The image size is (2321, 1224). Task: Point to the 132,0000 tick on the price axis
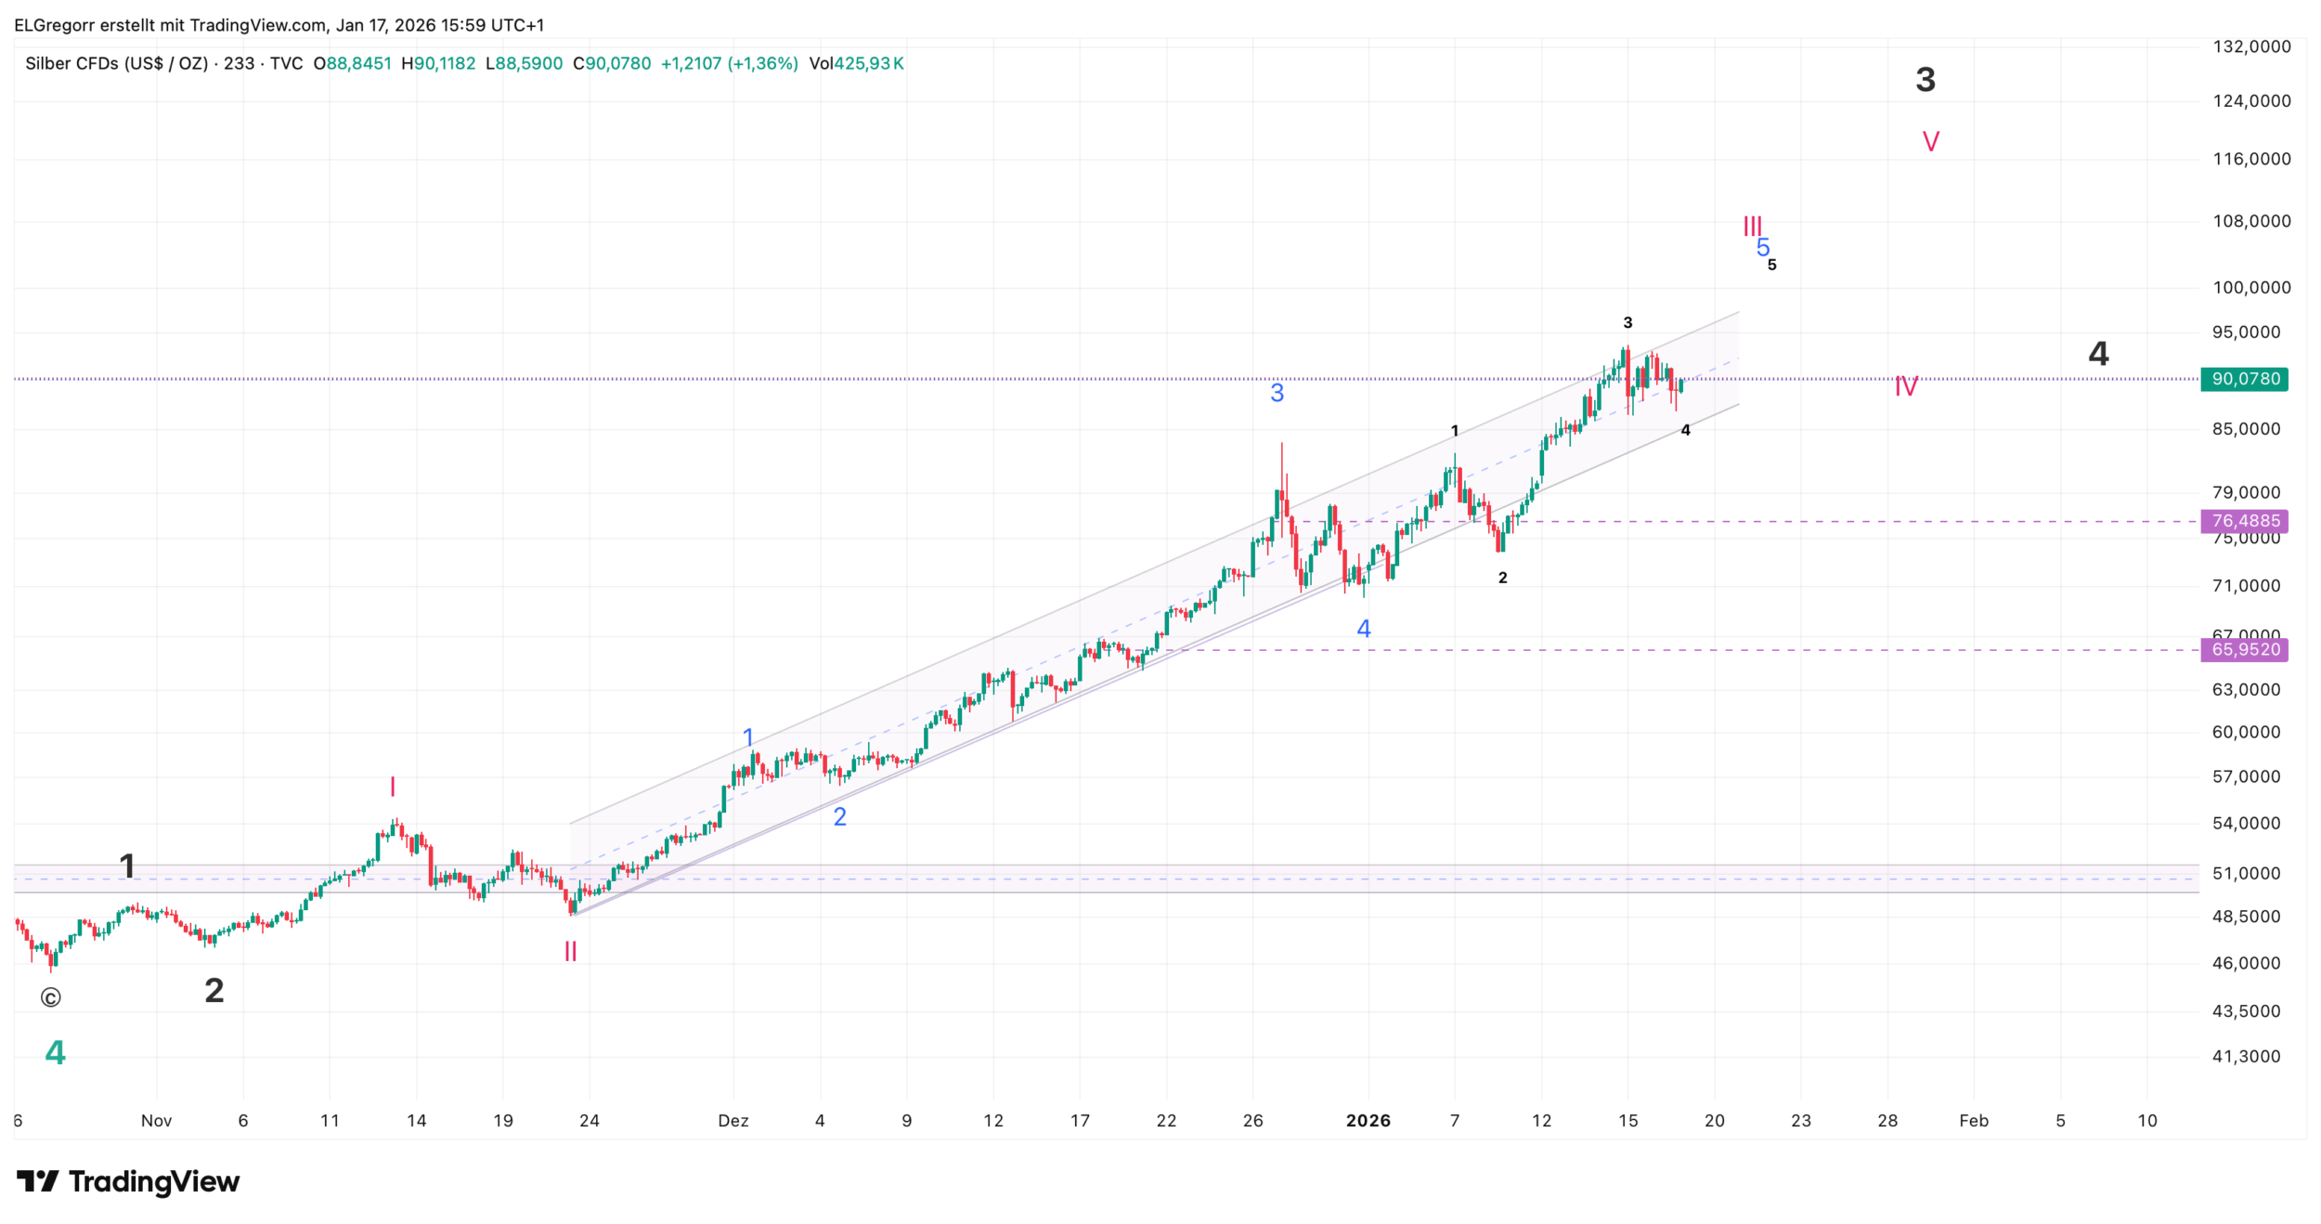click(2251, 46)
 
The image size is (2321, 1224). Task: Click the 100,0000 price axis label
click(2251, 288)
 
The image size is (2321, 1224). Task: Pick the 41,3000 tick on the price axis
click(2246, 1056)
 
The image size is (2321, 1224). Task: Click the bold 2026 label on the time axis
click(1368, 1121)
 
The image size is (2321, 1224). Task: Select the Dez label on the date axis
click(733, 1121)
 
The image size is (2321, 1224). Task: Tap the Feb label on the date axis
click(1973, 1121)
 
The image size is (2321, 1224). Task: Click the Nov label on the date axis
click(156, 1121)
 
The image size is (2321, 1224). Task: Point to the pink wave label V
click(1930, 142)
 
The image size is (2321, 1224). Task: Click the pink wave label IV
click(1905, 386)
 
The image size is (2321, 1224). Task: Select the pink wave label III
click(1751, 226)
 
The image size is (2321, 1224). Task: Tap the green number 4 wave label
click(55, 1052)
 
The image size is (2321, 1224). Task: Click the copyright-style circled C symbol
click(50, 997)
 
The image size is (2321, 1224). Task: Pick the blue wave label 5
click(1762, 247)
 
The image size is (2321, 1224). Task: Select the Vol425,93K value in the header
click(856, 64)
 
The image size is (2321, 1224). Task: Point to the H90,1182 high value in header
click(437, 64)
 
